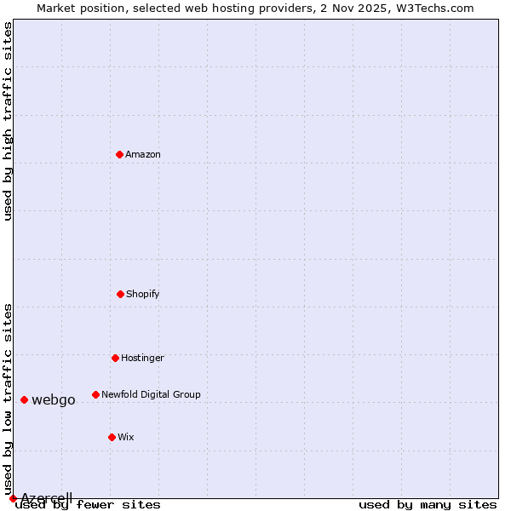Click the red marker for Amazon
coord(119,154)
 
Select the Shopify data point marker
coord(120,294)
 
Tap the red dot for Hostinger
coord(115,358)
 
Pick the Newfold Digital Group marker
coord(95,394)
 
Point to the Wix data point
coord(112,437)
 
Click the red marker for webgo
coord(24,399)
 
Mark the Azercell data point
coord(13,498)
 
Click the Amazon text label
coord(143,154)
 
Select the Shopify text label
coord(143,294)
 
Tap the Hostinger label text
coord(142,358)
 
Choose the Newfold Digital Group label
coord(151,394)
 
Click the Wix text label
coord(126,437)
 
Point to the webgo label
coord(54,400)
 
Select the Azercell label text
coord(47,498)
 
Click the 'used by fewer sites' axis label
coord(88,505)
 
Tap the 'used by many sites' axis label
coord(428,505)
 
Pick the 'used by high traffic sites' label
coord(8,121)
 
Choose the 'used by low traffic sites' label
coord(8,399)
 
